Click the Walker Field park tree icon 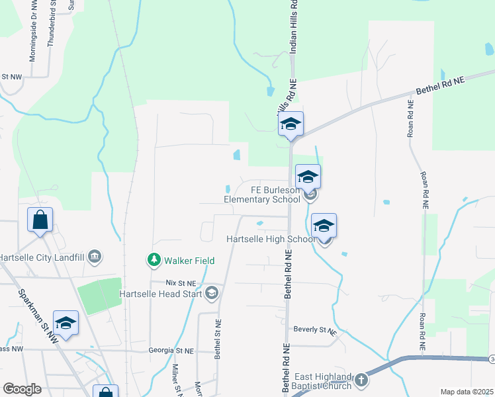click(154, 259)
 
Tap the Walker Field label click(189, 261)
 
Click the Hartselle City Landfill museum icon click(94, 256)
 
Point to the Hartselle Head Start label click(159, 294)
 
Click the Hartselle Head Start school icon click(212, 293)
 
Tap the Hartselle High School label click(267, 239)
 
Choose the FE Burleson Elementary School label click(261, 194)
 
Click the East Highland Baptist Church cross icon click(361, 380)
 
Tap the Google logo click(22, 389)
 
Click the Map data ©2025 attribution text click(467, 392)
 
